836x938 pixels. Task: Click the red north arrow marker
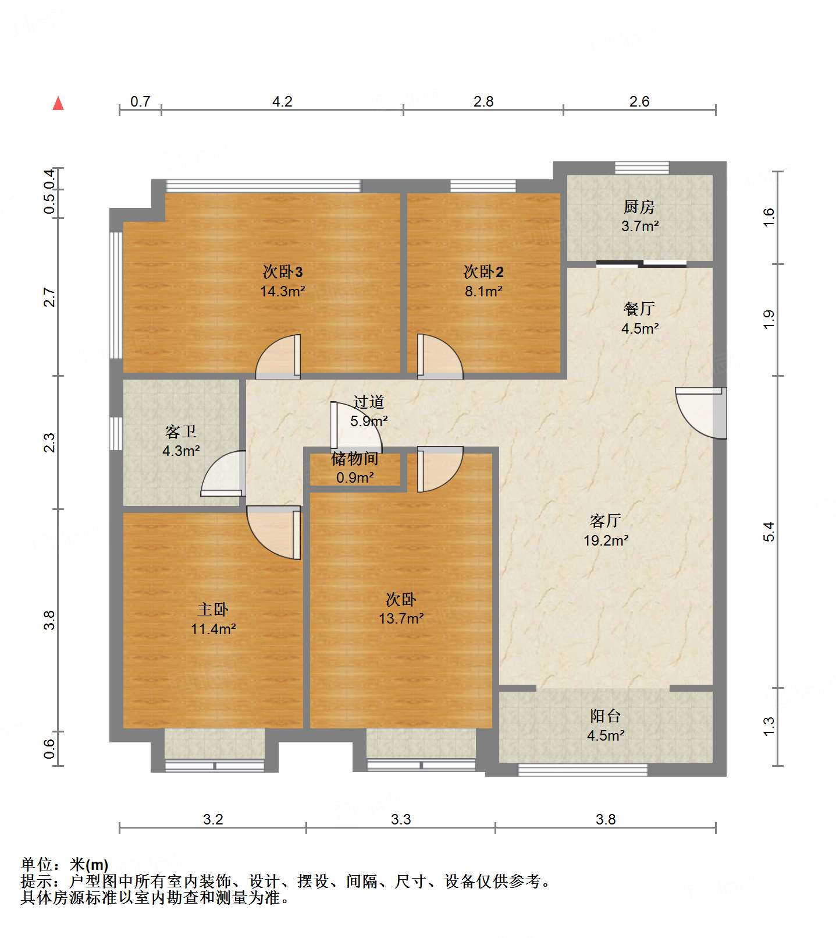click(58, 104)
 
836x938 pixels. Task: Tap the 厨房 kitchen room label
click(639, 207)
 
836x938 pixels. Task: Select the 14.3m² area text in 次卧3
click(282, 291)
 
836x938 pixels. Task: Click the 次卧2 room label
click(483, 272)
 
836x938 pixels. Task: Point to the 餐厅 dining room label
click(639, 309)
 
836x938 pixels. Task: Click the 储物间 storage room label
click(355, 459)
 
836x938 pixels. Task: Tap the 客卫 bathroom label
click(180, 431)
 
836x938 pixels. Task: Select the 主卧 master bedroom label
click(212, 610)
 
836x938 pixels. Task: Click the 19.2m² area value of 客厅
click(606, 540)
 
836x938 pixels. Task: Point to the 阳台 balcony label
click(605, 716)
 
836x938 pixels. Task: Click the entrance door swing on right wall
click(701, 412)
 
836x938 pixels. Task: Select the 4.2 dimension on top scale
click(282, 102)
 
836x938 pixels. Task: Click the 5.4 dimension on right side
click(769, 532)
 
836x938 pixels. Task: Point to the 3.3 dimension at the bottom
click(400, 820)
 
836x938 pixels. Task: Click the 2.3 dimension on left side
click(50, 443)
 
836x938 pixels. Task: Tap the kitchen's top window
click(642, 168)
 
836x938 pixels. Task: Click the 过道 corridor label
click(368, 402)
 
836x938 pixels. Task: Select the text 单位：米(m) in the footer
click(65, 865)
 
